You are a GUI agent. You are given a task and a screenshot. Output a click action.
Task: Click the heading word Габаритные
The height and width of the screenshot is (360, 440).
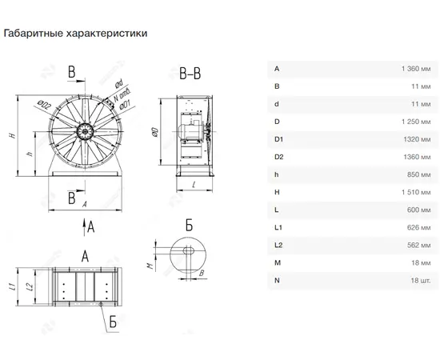coord(34,33)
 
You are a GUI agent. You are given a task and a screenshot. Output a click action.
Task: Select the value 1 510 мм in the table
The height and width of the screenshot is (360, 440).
coord(416,192)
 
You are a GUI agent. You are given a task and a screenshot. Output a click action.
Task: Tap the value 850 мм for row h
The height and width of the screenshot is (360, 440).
coord(418,174)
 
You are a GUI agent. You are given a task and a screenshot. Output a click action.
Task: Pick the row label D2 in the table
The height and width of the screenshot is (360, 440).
coord(278,157)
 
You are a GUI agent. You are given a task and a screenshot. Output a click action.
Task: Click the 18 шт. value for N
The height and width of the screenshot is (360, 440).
coord(420,280)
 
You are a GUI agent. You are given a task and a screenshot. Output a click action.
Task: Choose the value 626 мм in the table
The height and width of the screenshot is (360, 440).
coord(418,227)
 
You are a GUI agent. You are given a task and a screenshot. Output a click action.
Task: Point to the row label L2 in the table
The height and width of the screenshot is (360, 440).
coord(278,245)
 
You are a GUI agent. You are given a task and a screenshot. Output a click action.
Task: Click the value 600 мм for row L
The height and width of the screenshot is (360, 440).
coord(418,210)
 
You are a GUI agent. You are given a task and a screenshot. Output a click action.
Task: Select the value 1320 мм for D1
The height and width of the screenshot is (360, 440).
coord(417,139)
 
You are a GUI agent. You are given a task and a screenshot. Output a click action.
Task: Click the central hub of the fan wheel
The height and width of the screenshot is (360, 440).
coord(85,131)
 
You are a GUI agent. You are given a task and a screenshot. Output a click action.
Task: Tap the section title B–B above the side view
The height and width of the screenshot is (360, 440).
coord(190,74)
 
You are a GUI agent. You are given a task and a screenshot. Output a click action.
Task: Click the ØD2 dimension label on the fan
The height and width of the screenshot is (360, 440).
coord(44,106)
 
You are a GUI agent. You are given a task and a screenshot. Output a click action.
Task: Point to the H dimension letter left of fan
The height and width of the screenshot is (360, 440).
coord(12,135)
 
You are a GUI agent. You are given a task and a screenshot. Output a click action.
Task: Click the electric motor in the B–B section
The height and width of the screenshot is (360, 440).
coord(189,131)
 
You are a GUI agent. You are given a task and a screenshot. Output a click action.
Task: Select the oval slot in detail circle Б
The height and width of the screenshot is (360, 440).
coord(189,250)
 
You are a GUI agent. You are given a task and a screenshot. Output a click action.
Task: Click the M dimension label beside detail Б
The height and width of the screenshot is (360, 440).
coord(151,265)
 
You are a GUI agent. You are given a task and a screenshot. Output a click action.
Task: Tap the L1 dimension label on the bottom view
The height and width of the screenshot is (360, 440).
coord(12,286)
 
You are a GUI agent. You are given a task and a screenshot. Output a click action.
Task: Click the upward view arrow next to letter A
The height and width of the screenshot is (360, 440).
coord(84,226)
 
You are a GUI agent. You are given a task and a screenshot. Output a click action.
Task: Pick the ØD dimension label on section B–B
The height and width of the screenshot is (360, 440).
coord(155,132)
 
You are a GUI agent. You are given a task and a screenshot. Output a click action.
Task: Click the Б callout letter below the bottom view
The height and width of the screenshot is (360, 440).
coord(113,322)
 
